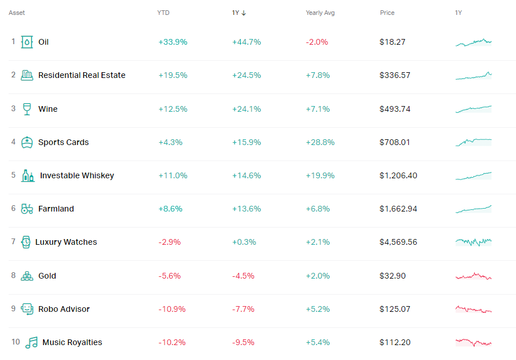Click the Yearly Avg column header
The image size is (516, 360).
pos(320,13)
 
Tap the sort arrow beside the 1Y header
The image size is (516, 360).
pos(244,13)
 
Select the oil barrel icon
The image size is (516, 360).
pos(27,42)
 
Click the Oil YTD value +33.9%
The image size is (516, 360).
pos(173,42)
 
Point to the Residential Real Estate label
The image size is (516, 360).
pos(81,75)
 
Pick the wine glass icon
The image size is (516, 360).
pos(27,109)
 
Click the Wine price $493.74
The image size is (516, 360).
pos(394,109)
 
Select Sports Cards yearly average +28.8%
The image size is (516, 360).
pos(320,142)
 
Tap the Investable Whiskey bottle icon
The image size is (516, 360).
pos(28,175)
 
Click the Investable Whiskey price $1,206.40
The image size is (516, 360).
pos(399,175)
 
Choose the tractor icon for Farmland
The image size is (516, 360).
pos(27,209)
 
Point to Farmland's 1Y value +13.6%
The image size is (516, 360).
pos(246,209)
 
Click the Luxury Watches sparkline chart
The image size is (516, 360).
pos(474,242)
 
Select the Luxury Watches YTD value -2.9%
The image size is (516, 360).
pos(169,242)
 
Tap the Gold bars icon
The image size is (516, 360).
pos(27,276)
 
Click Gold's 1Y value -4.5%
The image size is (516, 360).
pos(243,276)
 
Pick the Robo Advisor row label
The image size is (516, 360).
pos(64,309)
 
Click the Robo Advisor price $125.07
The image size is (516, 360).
pos(394,309)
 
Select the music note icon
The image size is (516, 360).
pos(31,342)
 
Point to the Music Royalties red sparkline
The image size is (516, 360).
pos(474,343)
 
